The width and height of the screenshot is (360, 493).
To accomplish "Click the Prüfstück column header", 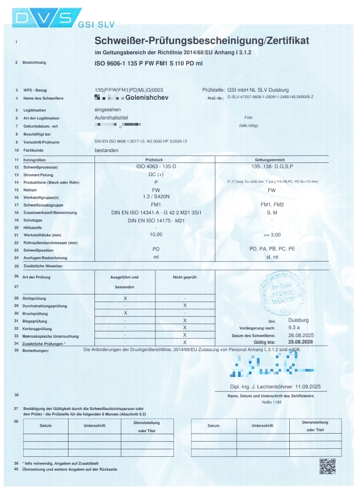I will pos(155,160).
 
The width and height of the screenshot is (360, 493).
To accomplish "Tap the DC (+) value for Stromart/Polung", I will pos(156,175).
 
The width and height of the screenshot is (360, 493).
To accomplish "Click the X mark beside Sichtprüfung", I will pos(125,298).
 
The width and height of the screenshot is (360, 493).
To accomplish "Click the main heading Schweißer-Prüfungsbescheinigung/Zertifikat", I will pos(202,40).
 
